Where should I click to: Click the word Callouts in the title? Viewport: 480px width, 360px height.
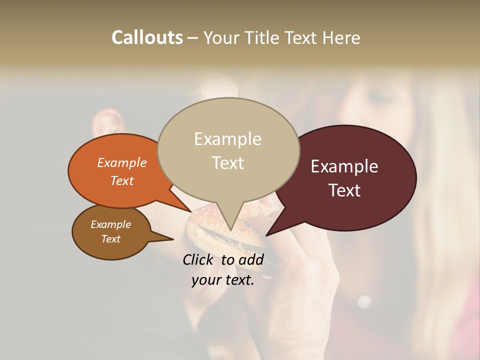click(x=147, y=37)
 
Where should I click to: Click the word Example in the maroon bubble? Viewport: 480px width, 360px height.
click(x=344, y=166)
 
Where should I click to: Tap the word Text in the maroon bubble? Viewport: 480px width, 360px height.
click(x=344, y=190)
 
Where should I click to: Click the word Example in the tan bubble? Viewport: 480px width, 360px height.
click(x=228, y=139)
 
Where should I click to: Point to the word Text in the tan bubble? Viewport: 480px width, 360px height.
click(x=228, y=163)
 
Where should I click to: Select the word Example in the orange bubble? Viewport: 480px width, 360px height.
click(x=122, y=162)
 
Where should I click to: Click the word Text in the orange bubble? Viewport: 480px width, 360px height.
click(x=122, y=180)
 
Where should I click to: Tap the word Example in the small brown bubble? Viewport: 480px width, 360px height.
click(x=110, y=224)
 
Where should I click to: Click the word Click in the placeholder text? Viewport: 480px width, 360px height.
click(x=199, y=259)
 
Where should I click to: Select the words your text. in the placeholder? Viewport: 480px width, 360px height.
click(x=223, y=280)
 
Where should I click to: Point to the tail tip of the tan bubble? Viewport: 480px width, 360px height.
click(x=231, y=229)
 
